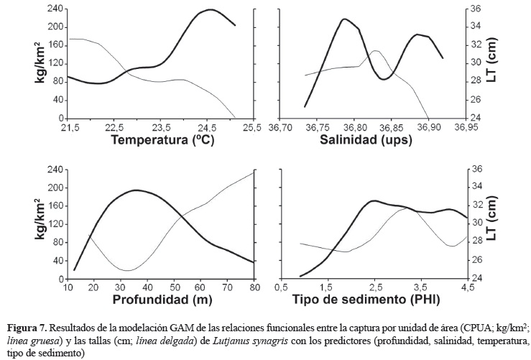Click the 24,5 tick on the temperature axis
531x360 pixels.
click(x=206, y=127)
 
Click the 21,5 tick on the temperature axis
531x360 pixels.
click(x=70, y=127)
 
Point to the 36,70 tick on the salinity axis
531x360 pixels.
click(x=280, y=127)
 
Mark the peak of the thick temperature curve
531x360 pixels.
click(x=210, y=10)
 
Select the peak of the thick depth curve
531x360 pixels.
click(x=137, y=190)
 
